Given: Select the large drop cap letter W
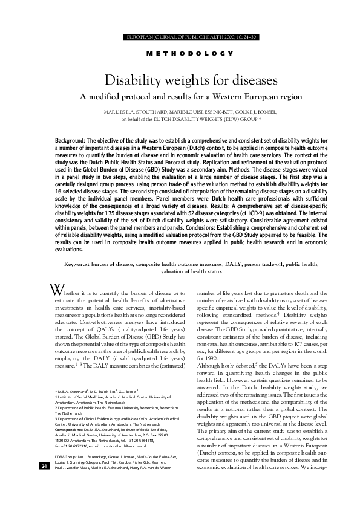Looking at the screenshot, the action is (x=56, y=288).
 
